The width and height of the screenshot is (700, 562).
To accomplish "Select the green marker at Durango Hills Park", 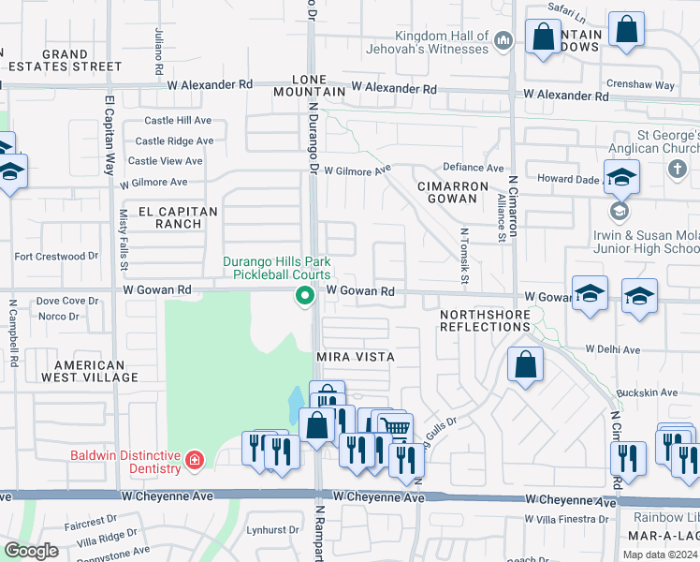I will (304, 296).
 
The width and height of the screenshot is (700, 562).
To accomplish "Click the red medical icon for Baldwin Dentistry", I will (194, 461).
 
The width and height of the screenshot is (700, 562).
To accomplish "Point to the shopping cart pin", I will (396, 429).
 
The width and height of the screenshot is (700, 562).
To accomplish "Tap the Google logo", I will (32, 550).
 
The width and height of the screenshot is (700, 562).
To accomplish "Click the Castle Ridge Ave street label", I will (174, 141).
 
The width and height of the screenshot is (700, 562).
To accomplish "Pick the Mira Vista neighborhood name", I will (355, 357).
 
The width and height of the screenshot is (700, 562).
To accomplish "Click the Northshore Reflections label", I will (485, 320).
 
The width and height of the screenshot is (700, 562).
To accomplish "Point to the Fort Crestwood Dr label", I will (56, 256).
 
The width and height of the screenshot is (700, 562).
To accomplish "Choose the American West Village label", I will (95, 371).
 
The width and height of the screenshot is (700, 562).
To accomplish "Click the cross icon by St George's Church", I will (677, 170).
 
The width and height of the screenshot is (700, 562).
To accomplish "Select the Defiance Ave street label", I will (480, 167).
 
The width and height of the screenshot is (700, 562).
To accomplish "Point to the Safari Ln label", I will (567, 17).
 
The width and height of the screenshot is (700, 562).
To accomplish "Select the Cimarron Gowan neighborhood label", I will (452, 192).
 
